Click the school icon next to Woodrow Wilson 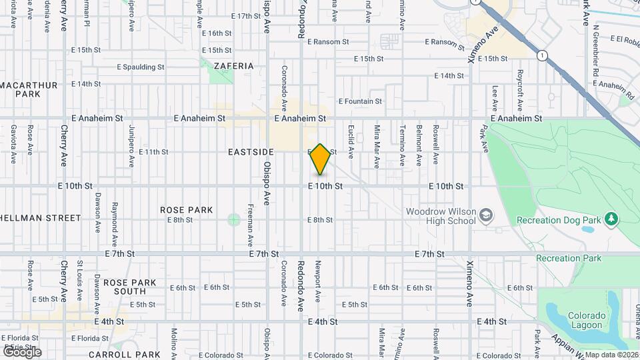coord(487,214)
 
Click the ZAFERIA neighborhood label coord(234,66)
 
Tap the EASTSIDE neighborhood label coord(251,153)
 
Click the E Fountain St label coord(360,101)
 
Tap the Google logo coord(22,351)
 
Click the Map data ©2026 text coord(611,355)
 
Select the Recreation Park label coord(568,258)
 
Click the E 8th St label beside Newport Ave coord(323,219)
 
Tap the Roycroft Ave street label coord(520,89)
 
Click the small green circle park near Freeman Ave coord(233,219)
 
